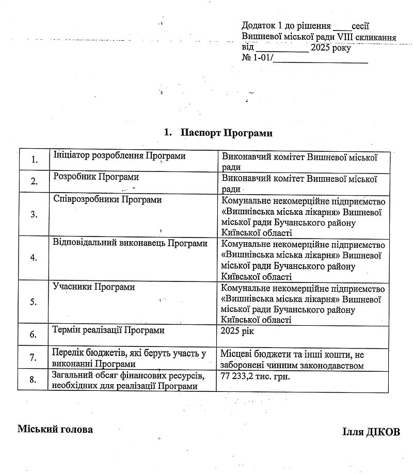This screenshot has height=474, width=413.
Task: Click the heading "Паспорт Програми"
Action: click(x=226, y=133)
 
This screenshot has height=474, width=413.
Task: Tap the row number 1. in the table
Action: click(x=34, y=160)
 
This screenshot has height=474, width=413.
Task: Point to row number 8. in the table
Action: click(x=34, y=380)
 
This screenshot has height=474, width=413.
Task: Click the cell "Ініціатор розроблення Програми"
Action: click(x=119, y=156)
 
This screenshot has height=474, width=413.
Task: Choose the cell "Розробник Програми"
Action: click(x=96, y=177)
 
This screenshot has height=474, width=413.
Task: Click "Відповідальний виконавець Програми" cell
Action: click(x=130, y=243)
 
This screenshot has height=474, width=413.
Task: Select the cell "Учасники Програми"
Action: click(x=94, y=287)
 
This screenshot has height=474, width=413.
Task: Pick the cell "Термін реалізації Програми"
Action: click(x=108, y=329)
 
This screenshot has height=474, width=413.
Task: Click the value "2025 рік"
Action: click(x=237, y=329)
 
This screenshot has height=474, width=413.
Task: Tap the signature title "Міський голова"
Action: click(x=55, y=429)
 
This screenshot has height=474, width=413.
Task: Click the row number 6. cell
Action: click(x=34, y=334)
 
